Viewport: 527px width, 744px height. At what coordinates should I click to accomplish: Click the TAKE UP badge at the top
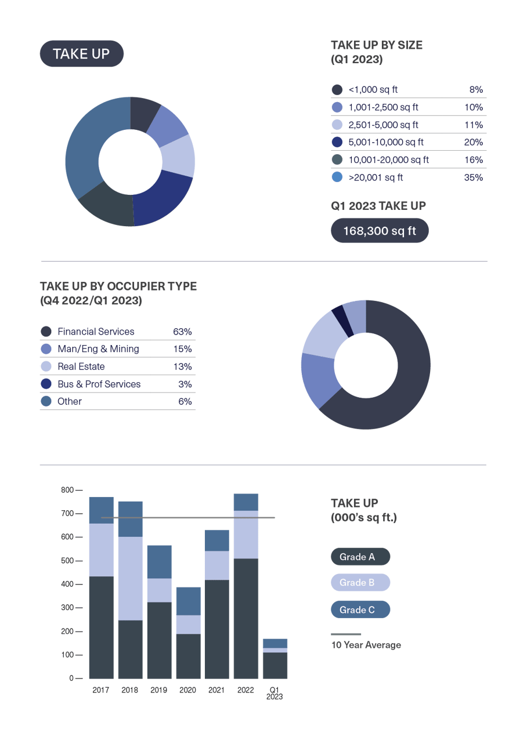tap(81, 54)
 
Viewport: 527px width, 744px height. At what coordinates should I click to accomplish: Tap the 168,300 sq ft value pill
tap(380, 231)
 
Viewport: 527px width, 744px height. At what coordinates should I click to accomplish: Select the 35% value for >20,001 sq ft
tap(473, 177)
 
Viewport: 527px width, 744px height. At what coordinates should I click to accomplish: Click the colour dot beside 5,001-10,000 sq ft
tap(337, 142)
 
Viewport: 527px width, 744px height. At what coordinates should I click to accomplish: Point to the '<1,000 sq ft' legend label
tap(373, 90)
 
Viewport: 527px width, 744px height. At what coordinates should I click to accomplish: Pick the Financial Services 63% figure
tap(182, 332)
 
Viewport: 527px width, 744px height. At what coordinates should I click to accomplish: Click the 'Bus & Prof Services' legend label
tap(99, 384)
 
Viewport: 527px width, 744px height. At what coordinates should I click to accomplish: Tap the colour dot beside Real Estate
tap(46, 366)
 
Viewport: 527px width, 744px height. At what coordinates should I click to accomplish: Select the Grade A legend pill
tap(360, 557)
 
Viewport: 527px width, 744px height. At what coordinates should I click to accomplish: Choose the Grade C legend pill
tap(360, 609)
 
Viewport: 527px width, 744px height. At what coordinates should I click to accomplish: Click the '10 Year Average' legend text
tap(366, 645)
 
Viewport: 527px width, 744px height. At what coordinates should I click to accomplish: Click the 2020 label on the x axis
tap(187, 690)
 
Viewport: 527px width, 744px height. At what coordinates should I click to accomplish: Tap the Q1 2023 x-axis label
tap(275, 694)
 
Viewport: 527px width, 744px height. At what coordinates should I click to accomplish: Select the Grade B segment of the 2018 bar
tap(130, 578)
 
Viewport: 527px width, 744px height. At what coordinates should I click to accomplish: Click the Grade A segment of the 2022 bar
tap(246, 618)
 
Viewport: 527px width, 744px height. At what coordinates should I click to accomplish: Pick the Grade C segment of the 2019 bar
tap(159, 561)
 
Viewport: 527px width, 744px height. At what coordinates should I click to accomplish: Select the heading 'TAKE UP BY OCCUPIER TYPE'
tap(118, 286)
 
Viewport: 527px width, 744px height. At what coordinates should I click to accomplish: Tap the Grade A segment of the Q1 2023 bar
tap(275, 666)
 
